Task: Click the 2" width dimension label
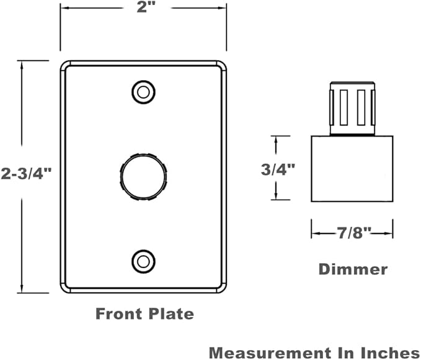tap(144, 7)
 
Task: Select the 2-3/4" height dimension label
tap(26, 174)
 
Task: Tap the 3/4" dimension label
tap(278, 169)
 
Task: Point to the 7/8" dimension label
tap(354, 233)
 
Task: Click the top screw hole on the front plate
tap(143, 92)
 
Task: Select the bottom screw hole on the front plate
tap(143, 261)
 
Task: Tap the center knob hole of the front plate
tap(143, 177)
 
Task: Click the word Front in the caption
tap(118, 313)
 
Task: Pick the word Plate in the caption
tap(171, 313)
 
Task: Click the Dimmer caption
tap(353, 269)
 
